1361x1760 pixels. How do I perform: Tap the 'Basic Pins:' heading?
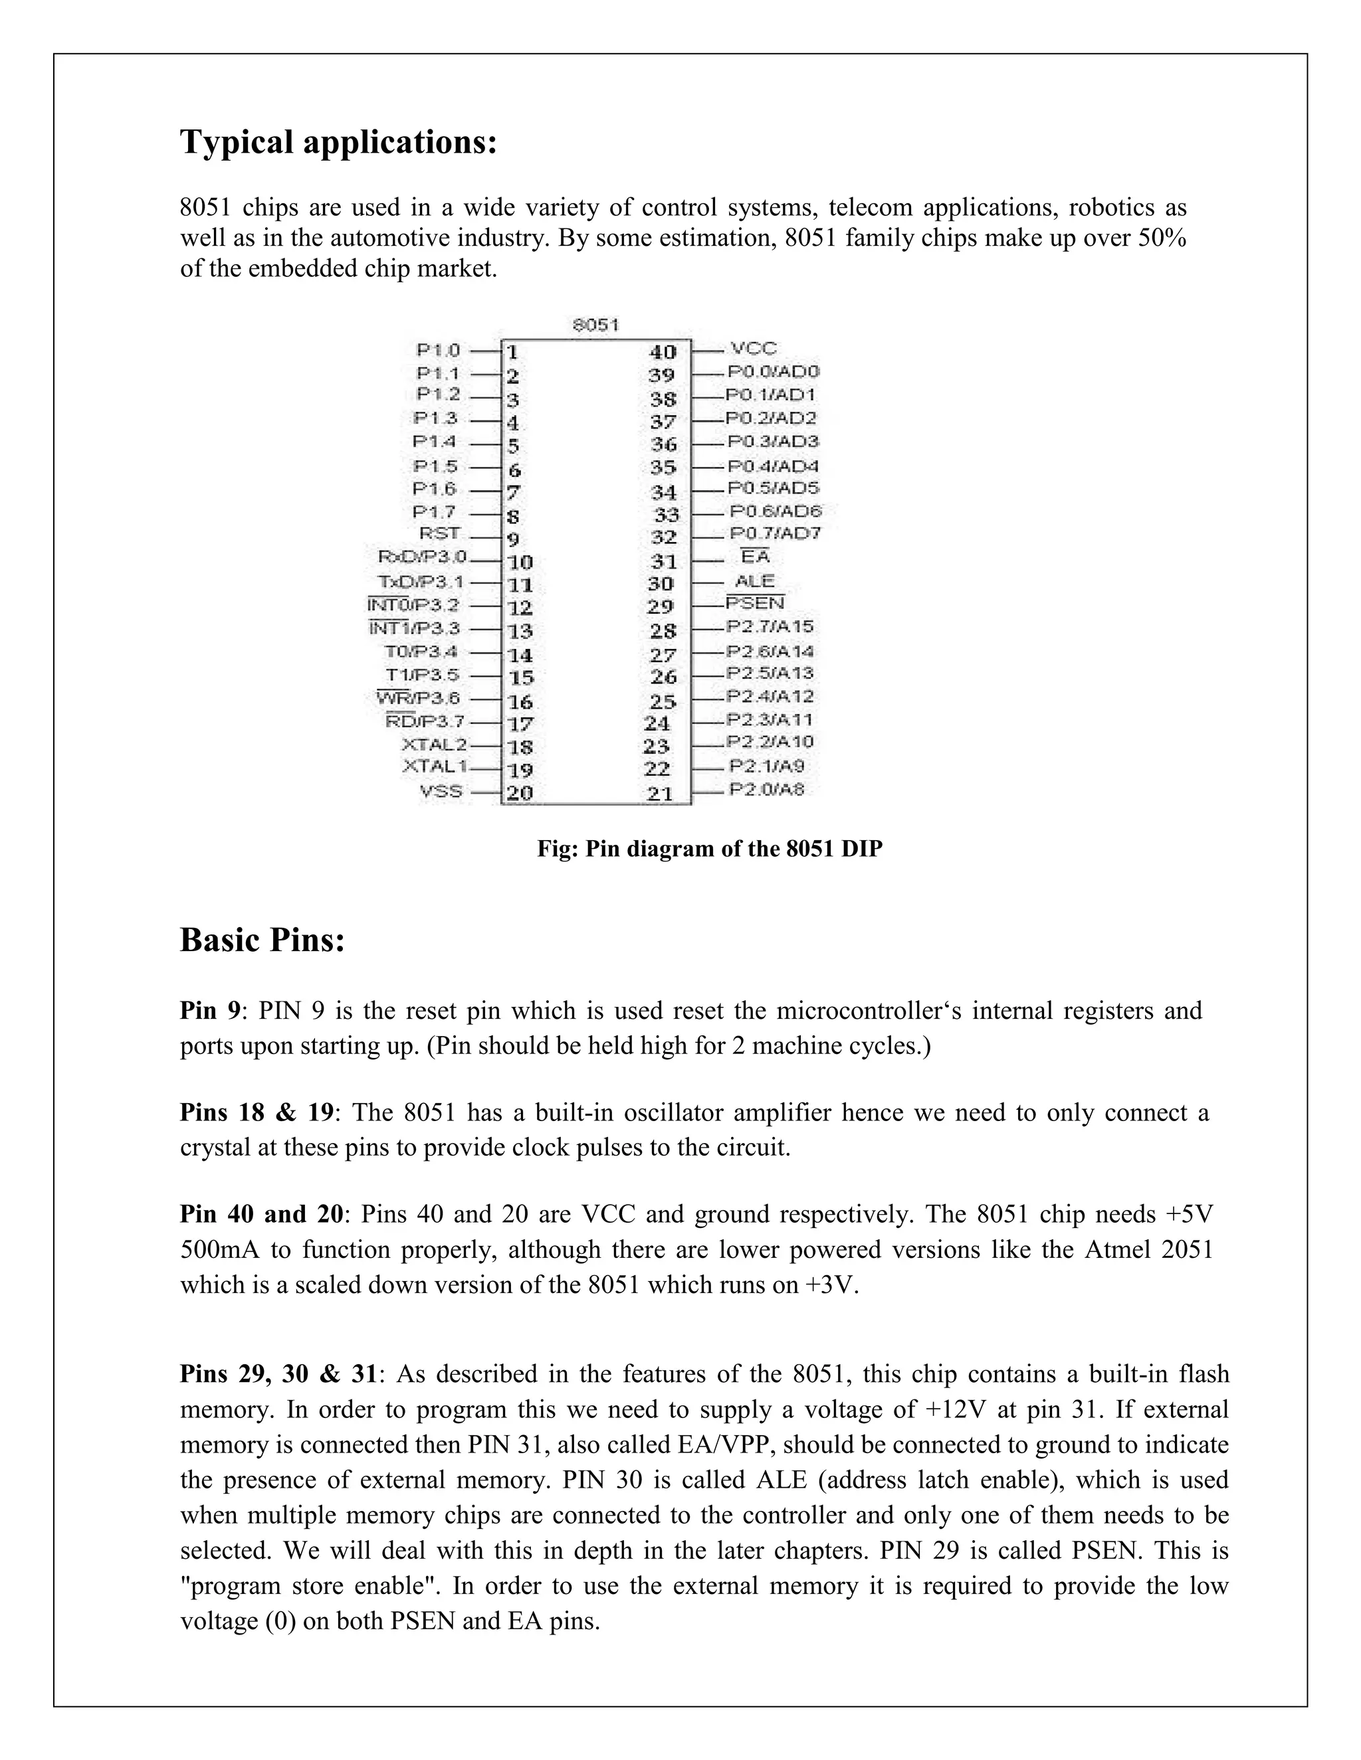pos(262,940)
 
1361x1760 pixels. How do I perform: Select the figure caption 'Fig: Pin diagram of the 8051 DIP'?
pos(710,849)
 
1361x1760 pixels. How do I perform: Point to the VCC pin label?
pos(753,349)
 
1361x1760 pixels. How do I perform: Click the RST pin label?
pos(439,533)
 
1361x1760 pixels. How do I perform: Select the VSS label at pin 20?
pos(441,792)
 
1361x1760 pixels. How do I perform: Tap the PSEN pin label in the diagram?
pos(755,603)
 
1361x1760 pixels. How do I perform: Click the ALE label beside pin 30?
pos(755,581)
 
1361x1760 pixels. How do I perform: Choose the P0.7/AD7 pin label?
pos(775,533)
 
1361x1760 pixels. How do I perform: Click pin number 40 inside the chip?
pos(663,352)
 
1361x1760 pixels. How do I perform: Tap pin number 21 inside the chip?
pos(661,794)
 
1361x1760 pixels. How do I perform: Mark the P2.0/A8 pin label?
pos(767,789)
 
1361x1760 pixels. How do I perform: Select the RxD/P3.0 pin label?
pos(422,557)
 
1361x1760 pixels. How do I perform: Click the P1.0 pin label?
pos(438,351)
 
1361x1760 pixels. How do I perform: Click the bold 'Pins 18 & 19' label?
pos(257,1113)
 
